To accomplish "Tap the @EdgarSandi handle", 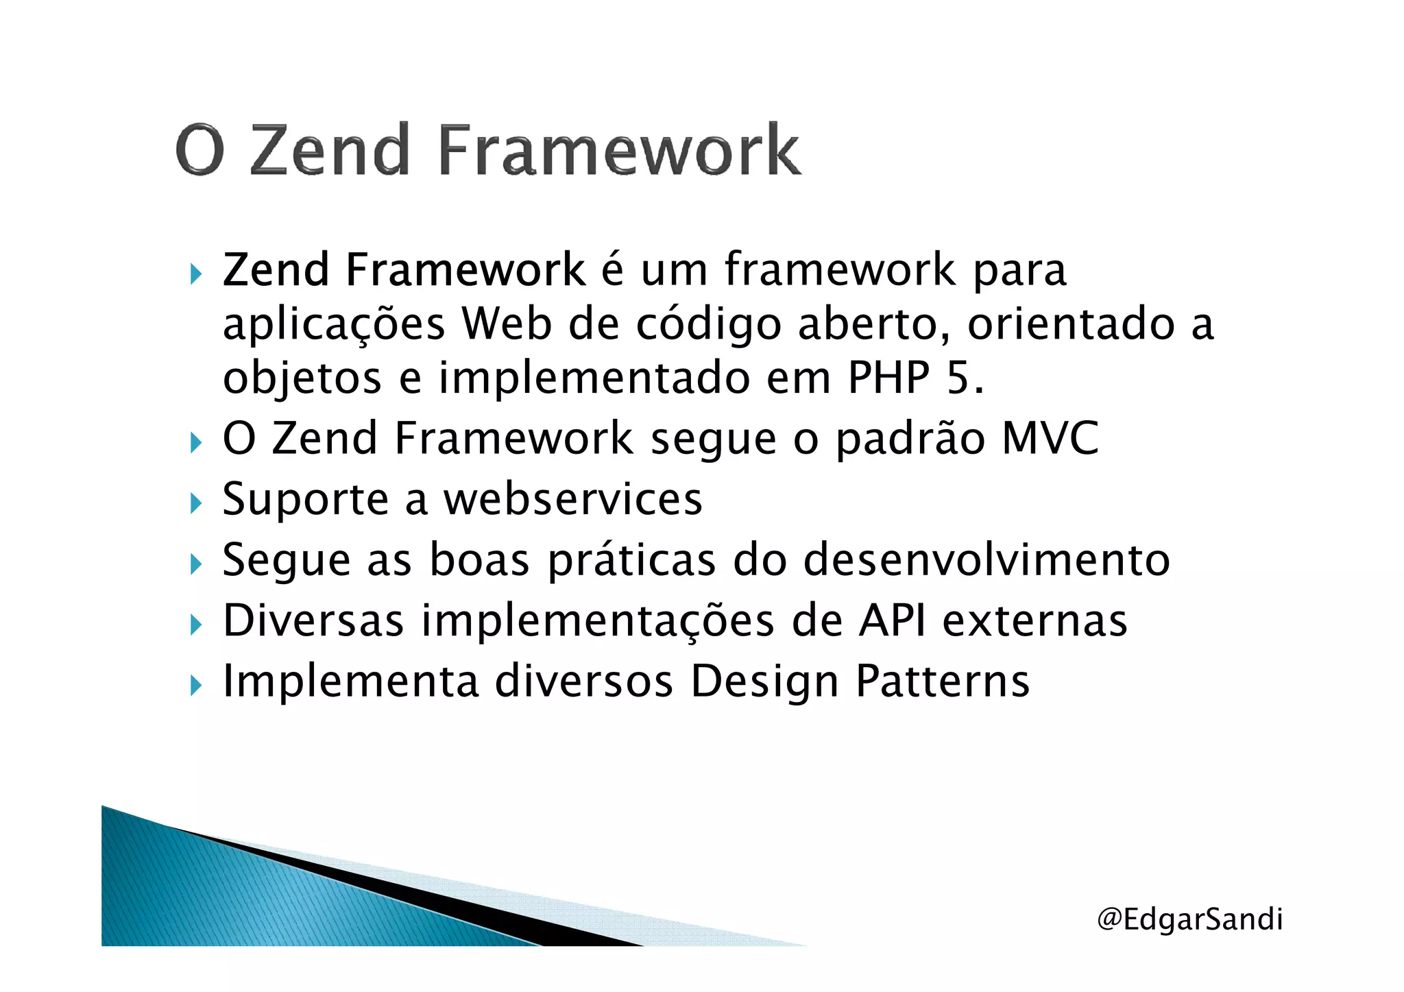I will point(1189,919).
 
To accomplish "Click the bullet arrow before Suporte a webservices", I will point(197,503).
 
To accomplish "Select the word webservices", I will point(573,499).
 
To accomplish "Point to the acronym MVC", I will point(1050,438).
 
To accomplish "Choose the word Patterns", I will point(943,681).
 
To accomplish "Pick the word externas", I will point(1035,621).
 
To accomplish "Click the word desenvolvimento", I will point(987,560).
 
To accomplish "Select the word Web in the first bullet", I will point(507,324).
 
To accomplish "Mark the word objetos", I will point(302,379).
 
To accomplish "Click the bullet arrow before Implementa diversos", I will point(197,685).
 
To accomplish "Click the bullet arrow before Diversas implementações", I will point(197,624).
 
